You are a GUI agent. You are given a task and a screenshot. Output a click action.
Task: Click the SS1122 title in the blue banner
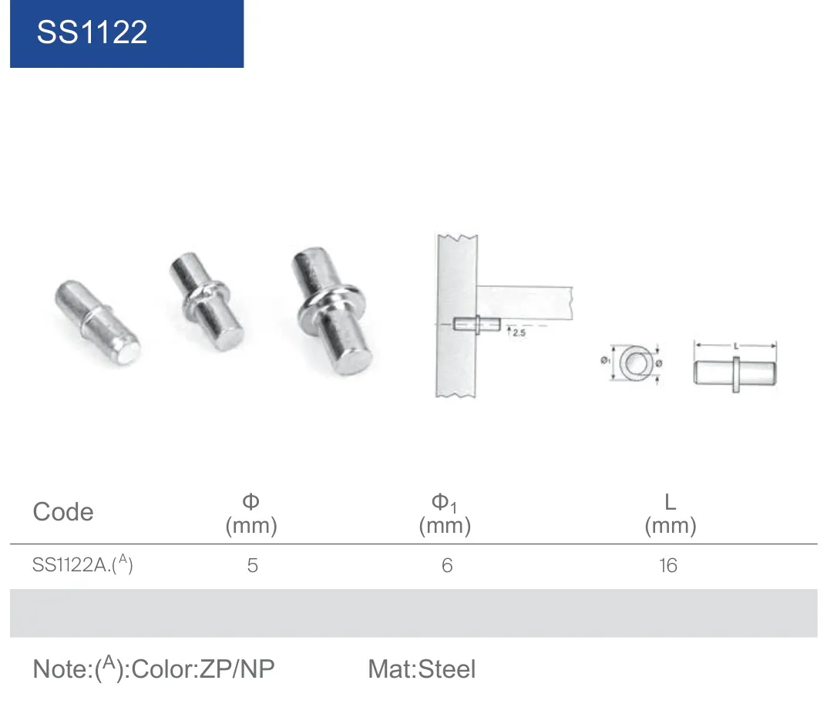pos(92,32)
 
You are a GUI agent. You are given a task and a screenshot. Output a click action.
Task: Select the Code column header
pos(63,511)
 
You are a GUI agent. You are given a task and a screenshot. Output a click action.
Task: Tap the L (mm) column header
pos(671,514)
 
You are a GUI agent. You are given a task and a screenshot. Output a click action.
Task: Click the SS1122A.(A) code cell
pos(82,564)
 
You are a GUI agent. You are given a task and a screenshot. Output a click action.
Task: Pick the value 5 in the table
pos(253,565)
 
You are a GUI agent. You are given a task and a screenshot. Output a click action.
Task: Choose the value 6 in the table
pos(447,565)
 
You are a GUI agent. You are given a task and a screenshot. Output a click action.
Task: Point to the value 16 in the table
pos(667,565)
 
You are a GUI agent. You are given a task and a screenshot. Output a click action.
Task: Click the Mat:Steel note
pos(422,669)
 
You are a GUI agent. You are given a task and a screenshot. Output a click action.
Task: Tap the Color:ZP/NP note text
pos(203,669)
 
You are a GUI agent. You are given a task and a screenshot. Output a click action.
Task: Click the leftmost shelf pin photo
pos(97,322)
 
